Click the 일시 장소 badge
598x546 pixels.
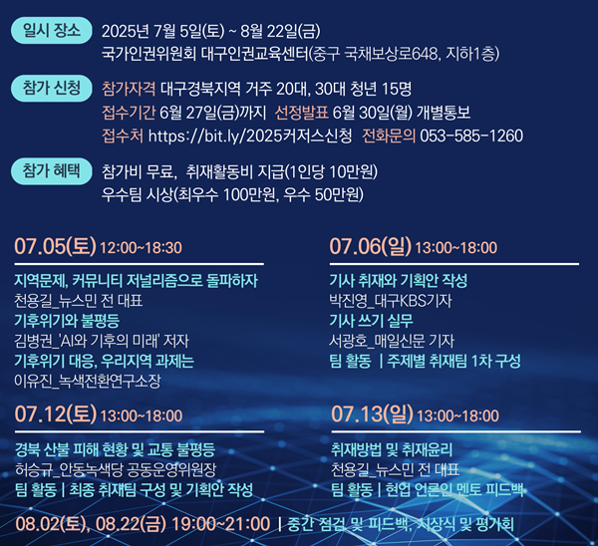tap(52, 30)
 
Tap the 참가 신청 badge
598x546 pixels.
tap(52, 88)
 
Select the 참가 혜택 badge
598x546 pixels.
tap(52, 171)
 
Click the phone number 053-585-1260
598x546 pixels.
tap(471, 136)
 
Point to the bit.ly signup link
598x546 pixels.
tap(250, 136)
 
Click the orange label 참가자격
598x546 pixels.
tap(129, 89)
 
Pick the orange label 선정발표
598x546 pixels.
tap(301, 113)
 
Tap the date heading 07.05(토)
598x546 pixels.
tap(55, 246)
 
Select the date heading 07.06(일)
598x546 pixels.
tap(371, 246)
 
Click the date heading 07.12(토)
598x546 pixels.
tap(56, 414)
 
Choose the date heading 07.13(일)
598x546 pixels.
tap(372, 414)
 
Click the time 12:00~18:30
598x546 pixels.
tap(141, 248)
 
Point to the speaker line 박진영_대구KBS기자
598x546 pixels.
tap(391, 301)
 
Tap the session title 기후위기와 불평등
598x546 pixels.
tap(67, 321)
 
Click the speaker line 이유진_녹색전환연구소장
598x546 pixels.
tap(88, 381)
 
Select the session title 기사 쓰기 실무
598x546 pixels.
tap(371, 321)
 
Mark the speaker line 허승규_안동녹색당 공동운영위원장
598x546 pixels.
tap(116, 469)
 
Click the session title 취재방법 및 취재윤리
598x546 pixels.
tap(392, 449)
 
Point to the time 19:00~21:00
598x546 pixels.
tap(221, 524)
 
